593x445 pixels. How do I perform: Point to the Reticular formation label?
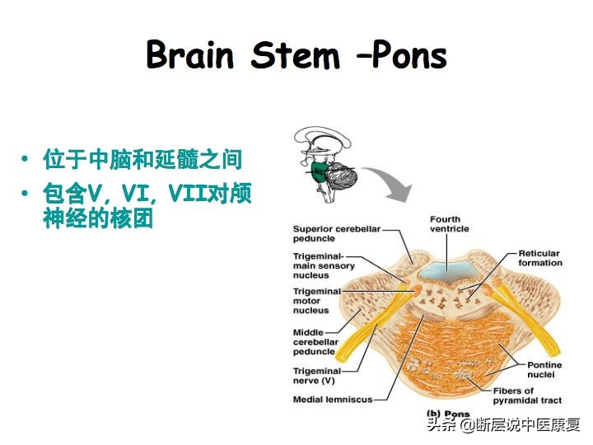pos(540,258)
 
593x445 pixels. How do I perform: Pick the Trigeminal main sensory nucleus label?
pos(324,266)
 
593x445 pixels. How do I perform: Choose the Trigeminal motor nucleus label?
pos(317,301)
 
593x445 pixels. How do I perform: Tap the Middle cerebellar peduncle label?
pos(315,342)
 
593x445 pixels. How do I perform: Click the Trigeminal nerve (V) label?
pos(317,377)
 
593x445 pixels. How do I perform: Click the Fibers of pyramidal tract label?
pos(527,396)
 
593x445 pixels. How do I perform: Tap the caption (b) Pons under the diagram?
pos(447,414)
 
